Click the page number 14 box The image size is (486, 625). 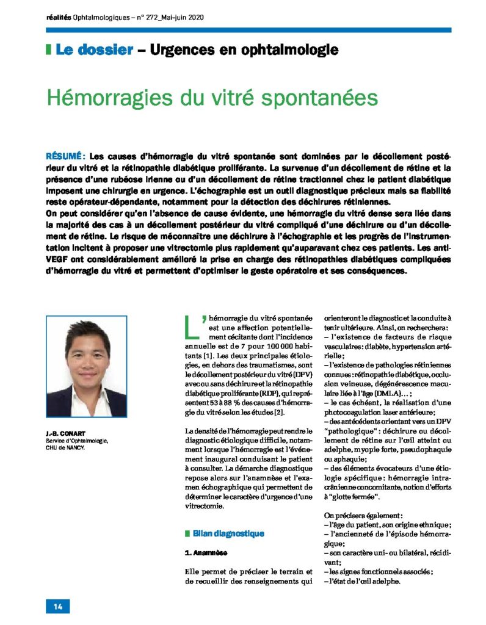[x=58, y=606]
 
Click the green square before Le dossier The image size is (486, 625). [x=48, y=49]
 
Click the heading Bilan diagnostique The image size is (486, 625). [x=228, y=533]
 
